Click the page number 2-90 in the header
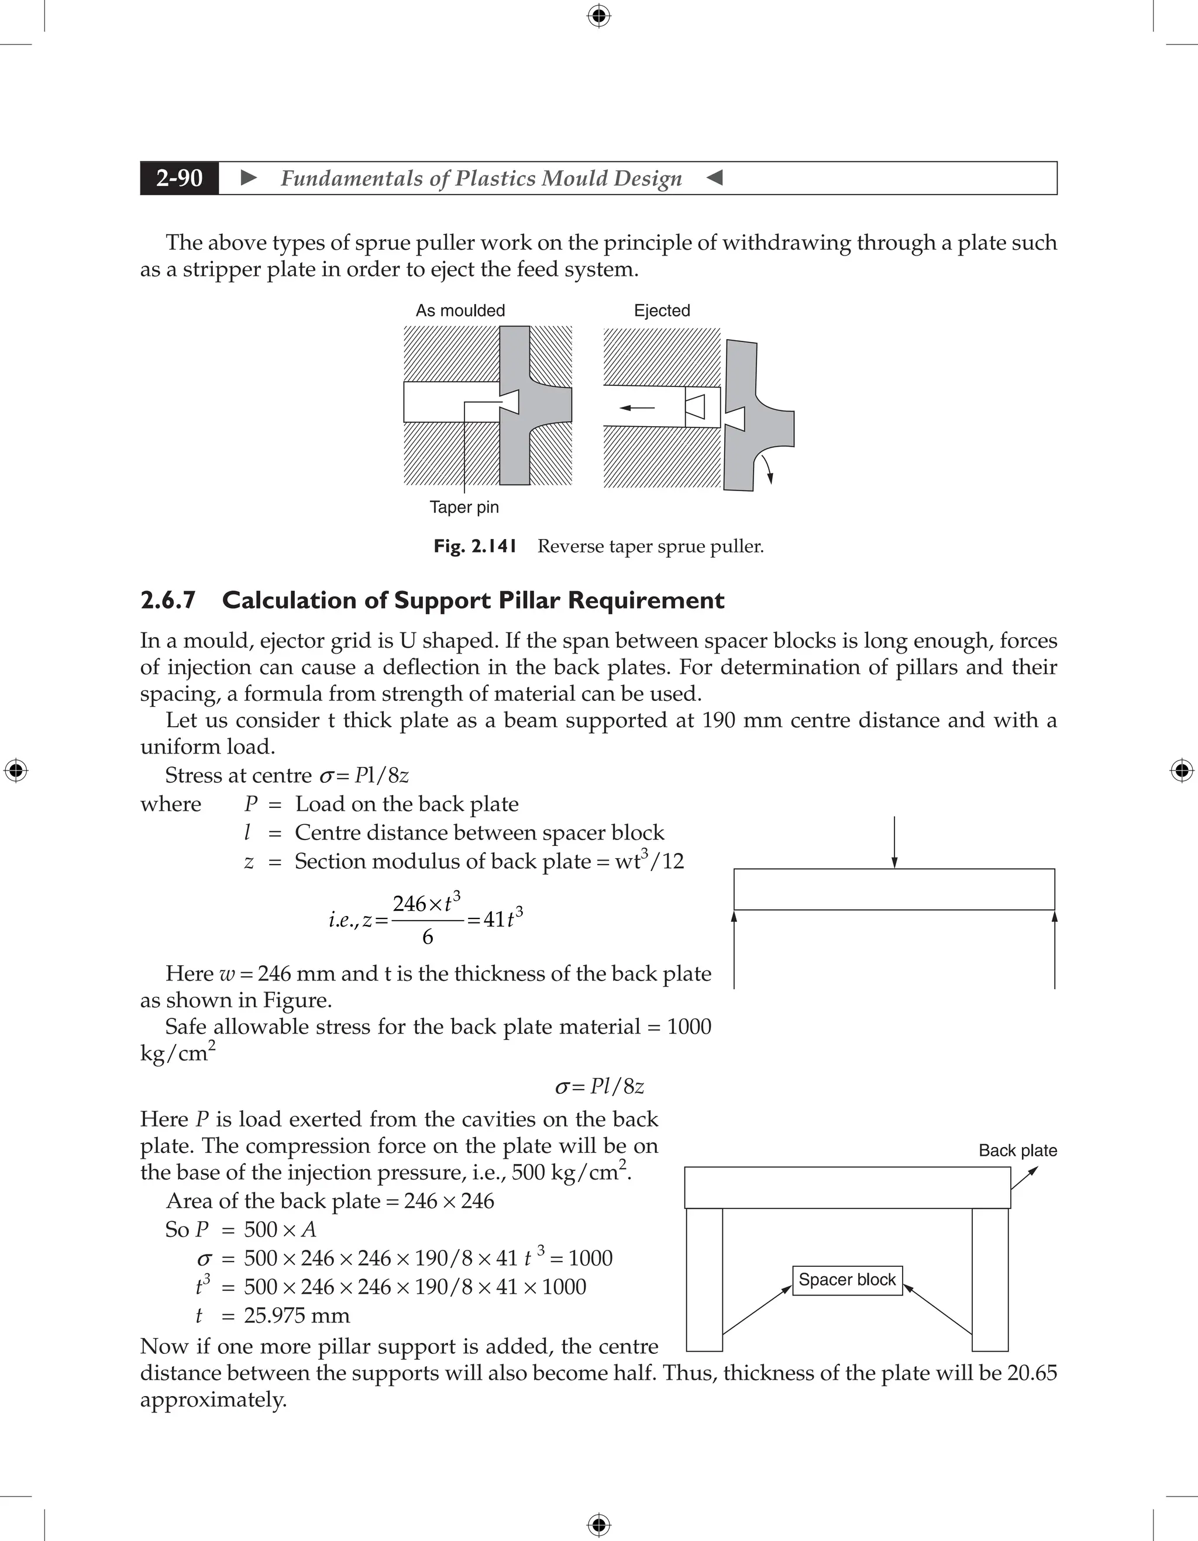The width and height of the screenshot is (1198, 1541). click(x=180, y=178)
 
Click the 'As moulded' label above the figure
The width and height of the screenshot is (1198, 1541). click(x=460, y=310)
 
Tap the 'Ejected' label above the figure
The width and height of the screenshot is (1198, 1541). click(x=662, y=310)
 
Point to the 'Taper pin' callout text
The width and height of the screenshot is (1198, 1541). click(x=464, y=507)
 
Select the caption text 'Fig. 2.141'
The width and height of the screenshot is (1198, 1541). click(x=475, y=546)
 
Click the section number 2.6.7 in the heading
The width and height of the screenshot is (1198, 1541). click(x=167, y=600)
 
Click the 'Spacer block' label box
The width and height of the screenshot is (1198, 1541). click(x=846, y=1279)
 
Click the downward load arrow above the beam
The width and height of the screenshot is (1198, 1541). click(x=894, y=843)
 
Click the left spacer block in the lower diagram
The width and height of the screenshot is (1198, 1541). click(x=704, y=1279)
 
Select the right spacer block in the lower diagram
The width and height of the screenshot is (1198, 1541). click(x=990, y=1279)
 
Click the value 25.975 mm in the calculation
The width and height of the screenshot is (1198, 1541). click(x=297, y=1315)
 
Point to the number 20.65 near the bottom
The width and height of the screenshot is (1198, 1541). click(x=1032, y=1373)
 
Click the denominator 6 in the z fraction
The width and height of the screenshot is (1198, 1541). click(x=427, y=937)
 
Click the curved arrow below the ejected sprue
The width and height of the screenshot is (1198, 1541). click(x=765, y=468)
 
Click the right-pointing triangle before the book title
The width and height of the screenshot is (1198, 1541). click(x=249, y=178)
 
